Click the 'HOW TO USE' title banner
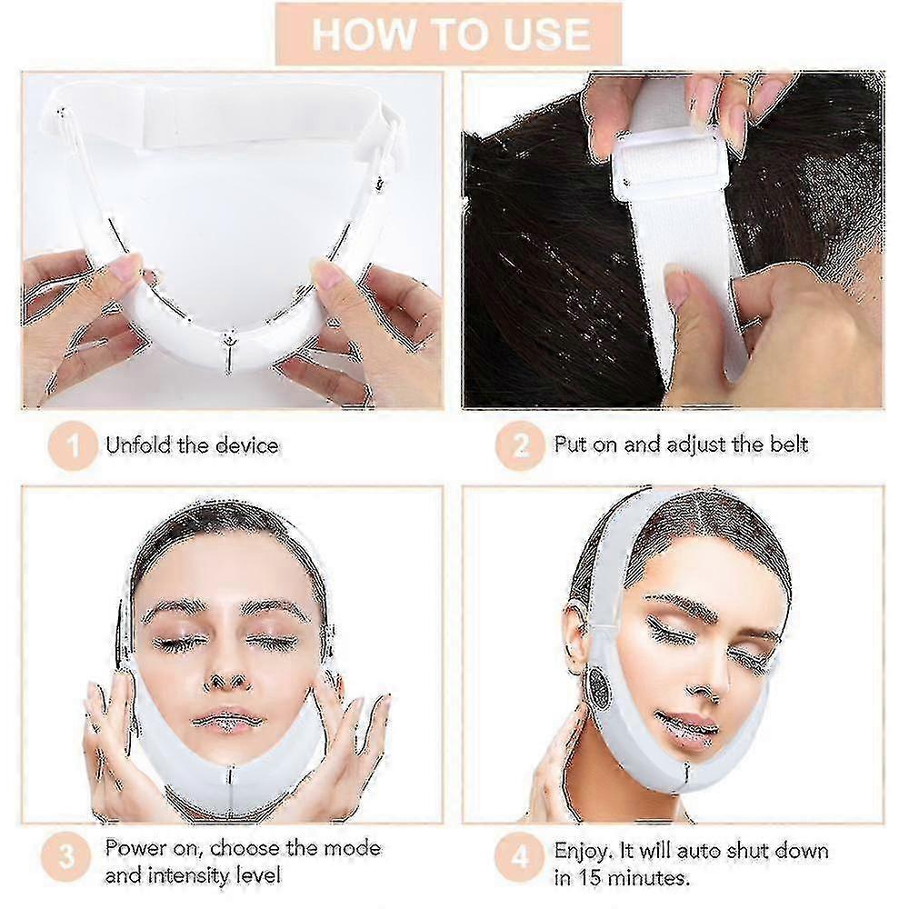tap(450, 34)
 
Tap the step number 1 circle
tap(73, 446)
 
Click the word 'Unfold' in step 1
tap(136, 445)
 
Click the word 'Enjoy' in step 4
tap(582, 851)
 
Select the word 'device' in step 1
tap(246, 445)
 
